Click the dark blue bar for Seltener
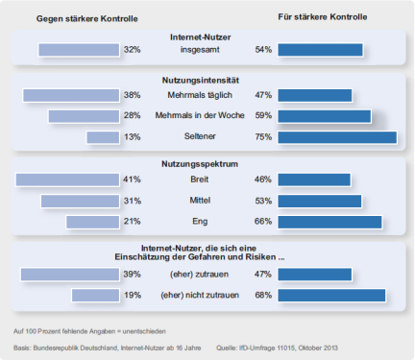point(337,137)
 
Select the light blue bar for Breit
point(67,180)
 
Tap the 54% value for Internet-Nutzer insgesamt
point(263,50)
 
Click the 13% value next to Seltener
point(133,137)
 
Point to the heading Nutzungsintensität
point(201,80)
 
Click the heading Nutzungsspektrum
point(200,164)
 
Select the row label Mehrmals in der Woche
point(200,115)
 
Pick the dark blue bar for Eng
point(330,222)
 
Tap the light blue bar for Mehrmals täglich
point(71,96)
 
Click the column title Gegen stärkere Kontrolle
point(87,18)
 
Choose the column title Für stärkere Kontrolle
point(323,17)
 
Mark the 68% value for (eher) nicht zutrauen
point(263,295)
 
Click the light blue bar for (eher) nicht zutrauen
point(95,296)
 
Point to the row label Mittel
point(200,201)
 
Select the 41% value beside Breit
point(132,180)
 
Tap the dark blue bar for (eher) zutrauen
point(315,275)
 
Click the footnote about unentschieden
point(89,331)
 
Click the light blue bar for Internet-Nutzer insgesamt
point(79,50)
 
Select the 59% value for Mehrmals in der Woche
point(263,115)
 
